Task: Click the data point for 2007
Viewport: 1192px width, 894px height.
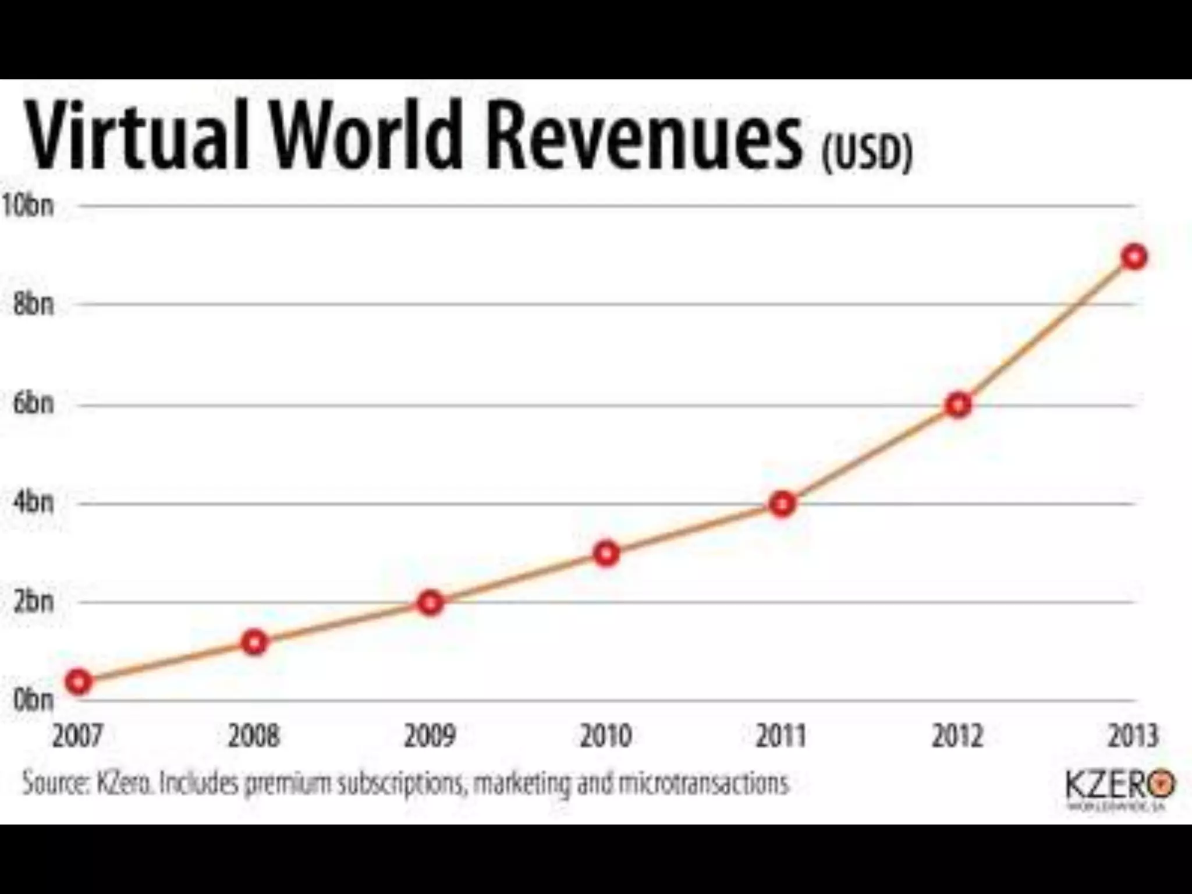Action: [x=79, y=682]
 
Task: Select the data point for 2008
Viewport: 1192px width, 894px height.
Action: [x=254, y=643]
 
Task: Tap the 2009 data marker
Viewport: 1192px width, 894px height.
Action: [x=430, y=603]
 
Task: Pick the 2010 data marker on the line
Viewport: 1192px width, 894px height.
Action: [x=606, y=554]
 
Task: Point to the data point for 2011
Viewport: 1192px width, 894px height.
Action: [x=782, y=504]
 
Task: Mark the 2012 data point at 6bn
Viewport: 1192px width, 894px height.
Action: [x=959, y=405]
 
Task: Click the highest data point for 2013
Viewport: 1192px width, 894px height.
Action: [x=1134, y=257]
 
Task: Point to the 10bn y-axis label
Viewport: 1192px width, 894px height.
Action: [x=28, y=205]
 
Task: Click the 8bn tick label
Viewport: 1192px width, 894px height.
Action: [x=33, y=304]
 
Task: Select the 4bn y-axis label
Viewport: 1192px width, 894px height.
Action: [x=33, y=502]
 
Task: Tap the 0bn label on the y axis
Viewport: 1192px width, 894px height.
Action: [x=33, y=700]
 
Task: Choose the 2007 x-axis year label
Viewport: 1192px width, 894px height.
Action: [x=77, y=736]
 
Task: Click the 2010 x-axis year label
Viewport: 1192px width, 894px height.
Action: [x=606, y=736]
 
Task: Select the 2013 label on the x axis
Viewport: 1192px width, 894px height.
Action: [x=1133, y=736]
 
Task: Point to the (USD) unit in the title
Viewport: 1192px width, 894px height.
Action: [x=867, y=152]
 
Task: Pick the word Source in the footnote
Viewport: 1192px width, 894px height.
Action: [x=55, y=783]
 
